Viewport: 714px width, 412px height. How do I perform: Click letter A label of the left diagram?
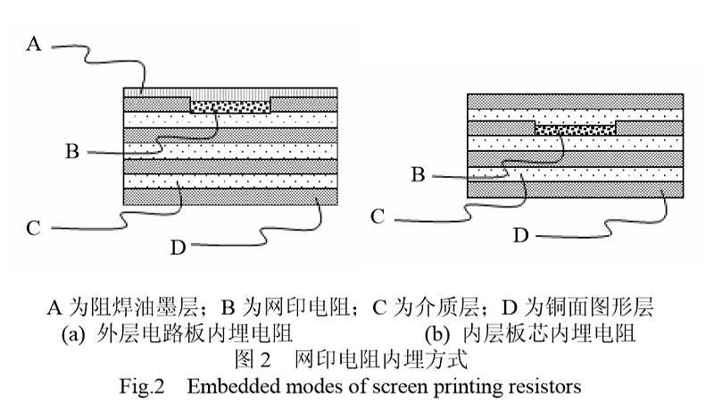pyautogui.click(x=34, y=43)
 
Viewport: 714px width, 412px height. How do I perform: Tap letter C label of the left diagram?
pyautogui.click(x=33, y=228)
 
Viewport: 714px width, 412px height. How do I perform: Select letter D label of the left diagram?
pyautogui.click(x=177, y=247)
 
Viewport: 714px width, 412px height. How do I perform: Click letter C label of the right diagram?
pyautogui.click(x=378, y=215)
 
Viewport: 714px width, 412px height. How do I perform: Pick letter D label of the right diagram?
pyautogui.click(x=520, y=235)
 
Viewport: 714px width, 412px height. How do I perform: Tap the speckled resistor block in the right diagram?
pyautogui.click(x=575, y=129)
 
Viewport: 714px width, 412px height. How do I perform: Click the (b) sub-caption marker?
pyautogui.click(x=437, y=338)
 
